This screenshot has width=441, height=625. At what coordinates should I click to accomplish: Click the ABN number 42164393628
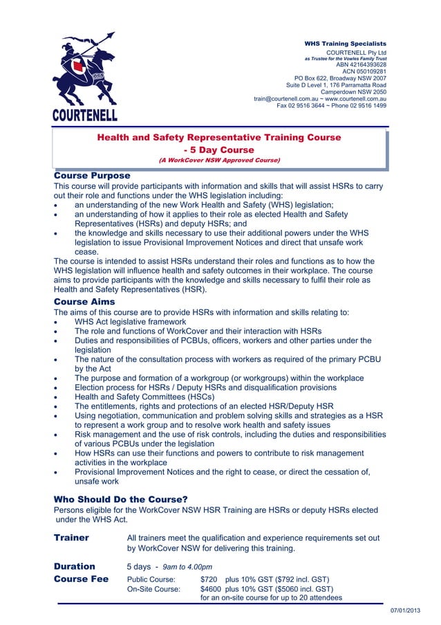click(x=361, y=65)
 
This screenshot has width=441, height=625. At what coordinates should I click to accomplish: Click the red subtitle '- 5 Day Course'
click(x=219, y=150)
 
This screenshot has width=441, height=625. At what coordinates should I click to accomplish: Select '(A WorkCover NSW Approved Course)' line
click(x=219, y=160)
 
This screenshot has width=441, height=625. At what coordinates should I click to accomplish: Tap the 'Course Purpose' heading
click(x=92, y=176)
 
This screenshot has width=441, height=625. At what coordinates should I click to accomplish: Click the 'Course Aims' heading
click(x=84, y=302)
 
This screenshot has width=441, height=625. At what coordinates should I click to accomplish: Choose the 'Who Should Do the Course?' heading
click(x=121, y=498)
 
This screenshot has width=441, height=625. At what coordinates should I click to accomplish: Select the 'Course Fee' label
click(x=81, y=579)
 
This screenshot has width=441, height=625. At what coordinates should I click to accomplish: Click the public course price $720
click(x=209, y=579)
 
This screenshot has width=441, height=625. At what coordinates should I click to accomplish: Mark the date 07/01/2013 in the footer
click(x=405, y=610)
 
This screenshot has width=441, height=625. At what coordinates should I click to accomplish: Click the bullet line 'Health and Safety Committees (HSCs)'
click(x=144, y=397)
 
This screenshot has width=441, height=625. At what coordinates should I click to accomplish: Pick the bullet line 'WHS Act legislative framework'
click(x=130, y=322)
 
